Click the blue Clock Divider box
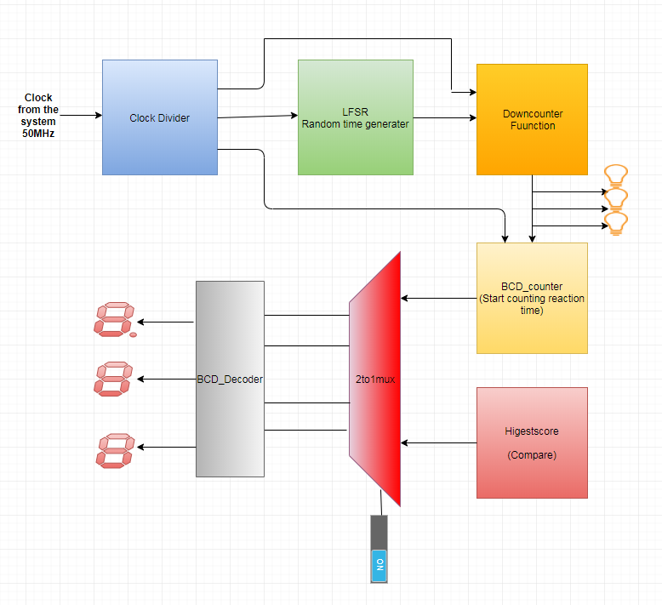(x=160, y=117)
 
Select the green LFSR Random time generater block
(x=356, y=117)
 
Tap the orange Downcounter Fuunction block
(x=532, y=119)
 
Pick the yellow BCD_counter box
(x=532, y=298)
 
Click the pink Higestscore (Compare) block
(x=532, y=442)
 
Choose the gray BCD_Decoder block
(x=230, y=380)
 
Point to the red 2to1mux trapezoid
(x=375, y=380)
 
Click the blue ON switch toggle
(x=380, y=566)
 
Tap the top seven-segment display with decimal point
(x=115, y=320)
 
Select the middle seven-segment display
(x=113, y=379)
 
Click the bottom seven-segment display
(x=115, y=450)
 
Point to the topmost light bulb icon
(x=616, y=175)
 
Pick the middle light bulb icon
(x=616, y=199)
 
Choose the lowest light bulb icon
(x=616, y=224)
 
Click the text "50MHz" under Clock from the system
(x=38, y=134)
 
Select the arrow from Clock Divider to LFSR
(x=258, y=116)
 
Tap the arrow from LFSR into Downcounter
(x=445, y=117)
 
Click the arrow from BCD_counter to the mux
(x=439, y=298)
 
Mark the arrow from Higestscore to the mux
(x=439, y=442)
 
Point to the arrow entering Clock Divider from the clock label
(x=81, y=115)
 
